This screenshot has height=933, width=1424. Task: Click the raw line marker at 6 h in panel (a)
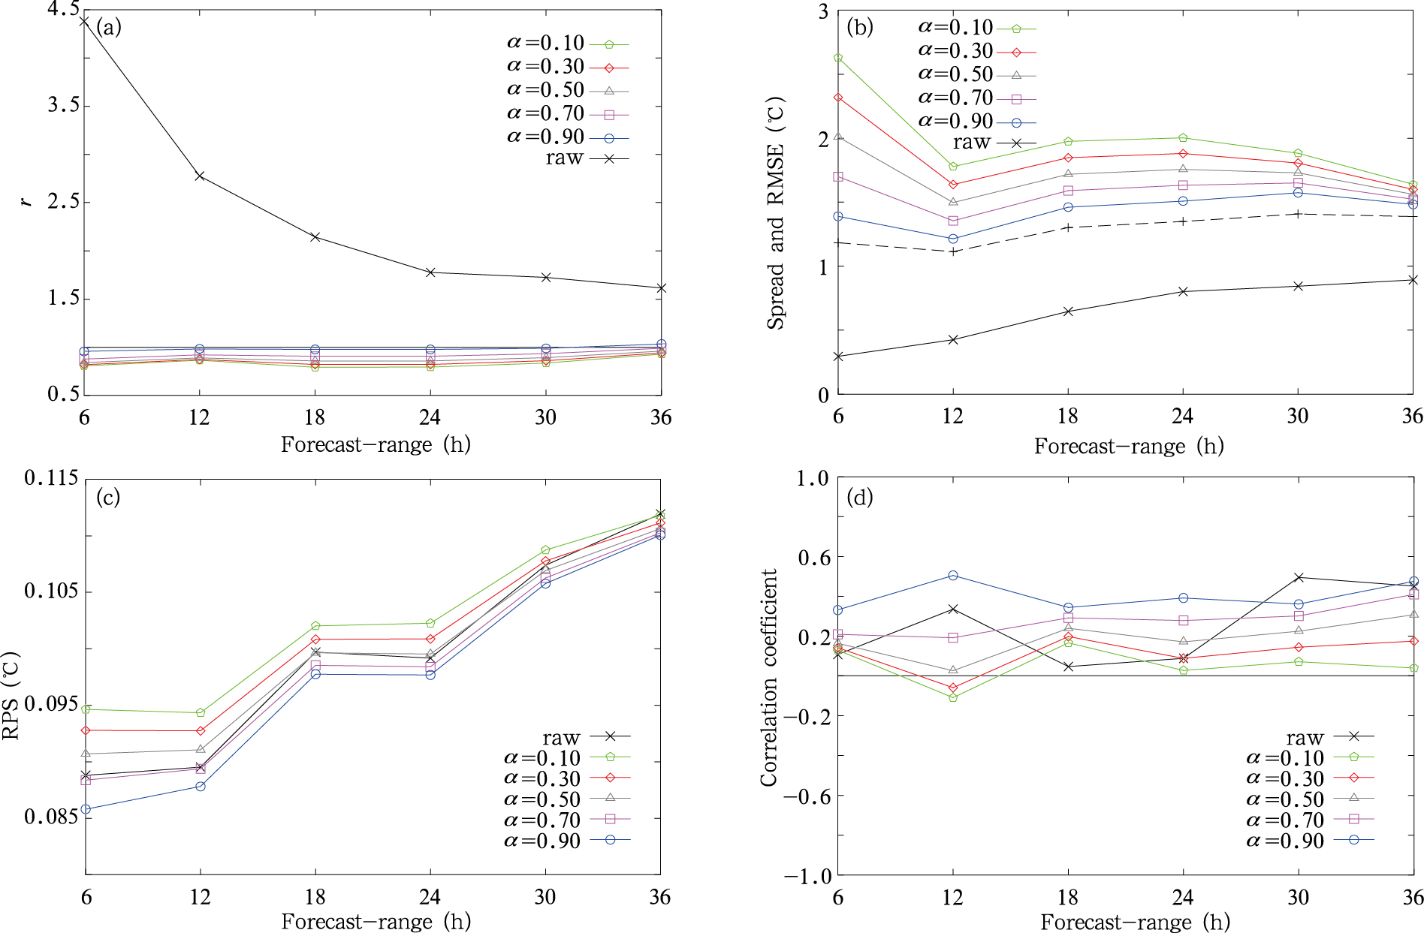tap(85, 21)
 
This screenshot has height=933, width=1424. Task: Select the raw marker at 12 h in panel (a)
tap(200, 176)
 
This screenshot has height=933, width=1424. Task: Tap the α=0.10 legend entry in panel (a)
tap(567, 44)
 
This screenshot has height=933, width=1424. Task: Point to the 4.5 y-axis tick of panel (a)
tap(63, 10)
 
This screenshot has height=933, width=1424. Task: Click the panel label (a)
tap(108, 28)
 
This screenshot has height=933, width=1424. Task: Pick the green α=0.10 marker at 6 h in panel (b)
tap(838, 58)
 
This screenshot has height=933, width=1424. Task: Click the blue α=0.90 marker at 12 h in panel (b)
tap(953, 239)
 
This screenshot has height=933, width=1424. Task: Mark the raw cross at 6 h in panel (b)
tap(838, 357)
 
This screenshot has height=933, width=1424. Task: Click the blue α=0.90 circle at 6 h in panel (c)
tap(86, 809)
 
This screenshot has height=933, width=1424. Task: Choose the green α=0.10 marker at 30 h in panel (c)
tap(545, 550)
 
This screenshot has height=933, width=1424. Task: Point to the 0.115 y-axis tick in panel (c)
tap(51, 478)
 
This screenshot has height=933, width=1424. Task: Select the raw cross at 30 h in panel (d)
tap(1299, 577)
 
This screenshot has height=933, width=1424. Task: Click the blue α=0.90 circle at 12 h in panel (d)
tap(953, 576)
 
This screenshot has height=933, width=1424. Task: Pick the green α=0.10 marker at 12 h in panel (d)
tap(953, 698)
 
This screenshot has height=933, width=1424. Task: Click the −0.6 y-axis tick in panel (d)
tap(807, 796)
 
